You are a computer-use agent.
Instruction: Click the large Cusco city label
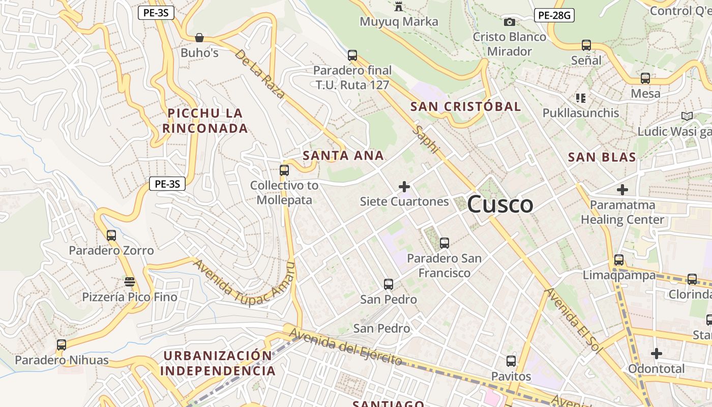point(500,205)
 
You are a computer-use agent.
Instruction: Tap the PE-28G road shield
point(554,15)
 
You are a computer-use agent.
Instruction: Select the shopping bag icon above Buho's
point(199,38)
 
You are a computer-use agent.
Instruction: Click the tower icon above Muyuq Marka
point(399,7)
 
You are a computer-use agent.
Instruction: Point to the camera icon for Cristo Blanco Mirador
point(509,22)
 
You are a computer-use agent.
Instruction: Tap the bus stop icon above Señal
point(586,45)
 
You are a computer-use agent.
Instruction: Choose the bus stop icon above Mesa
point(645,78)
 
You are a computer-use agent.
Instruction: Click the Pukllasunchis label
point(581,113)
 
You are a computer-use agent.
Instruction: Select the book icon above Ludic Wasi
point(687,116)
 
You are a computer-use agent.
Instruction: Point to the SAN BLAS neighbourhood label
point(602,157)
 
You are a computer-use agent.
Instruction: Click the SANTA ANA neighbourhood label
point(343,156)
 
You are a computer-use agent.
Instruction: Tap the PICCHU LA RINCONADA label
point(205,121)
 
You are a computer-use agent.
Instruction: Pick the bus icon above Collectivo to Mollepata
point(284,170)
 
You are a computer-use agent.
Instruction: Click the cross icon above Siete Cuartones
point(404,187)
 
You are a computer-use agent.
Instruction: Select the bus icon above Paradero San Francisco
point(444,243)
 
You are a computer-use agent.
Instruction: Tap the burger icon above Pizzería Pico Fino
point(130,282)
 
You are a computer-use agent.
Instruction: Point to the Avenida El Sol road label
point(573,322)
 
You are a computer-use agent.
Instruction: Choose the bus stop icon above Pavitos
point(511,361)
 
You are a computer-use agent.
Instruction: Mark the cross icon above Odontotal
point(657,353)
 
